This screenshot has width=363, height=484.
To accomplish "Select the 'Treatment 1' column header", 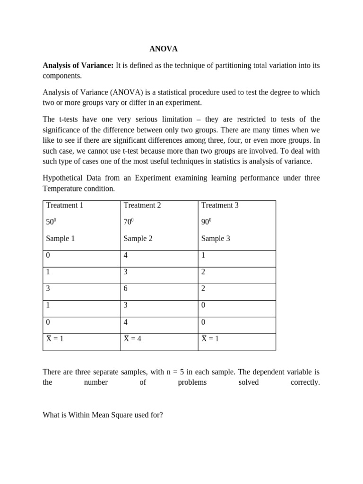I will [64, 205].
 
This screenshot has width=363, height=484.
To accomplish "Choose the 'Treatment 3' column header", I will [220, 205].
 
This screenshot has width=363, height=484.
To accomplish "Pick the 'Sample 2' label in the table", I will [138, 238].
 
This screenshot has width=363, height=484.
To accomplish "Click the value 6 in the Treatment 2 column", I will [126, 289].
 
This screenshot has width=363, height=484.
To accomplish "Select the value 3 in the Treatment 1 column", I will [48, 289].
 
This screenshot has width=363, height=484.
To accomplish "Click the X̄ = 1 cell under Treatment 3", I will [210, 338].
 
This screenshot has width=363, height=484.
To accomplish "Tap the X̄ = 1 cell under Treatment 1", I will [55, 338].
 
